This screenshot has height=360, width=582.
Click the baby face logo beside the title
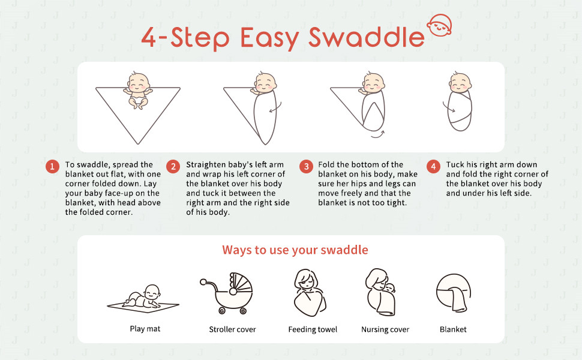(x=439, y=25)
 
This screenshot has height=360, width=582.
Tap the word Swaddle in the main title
(x=367, y=37)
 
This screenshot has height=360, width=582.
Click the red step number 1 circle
(x=52, y=167)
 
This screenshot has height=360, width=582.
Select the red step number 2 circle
(x=173, y=167)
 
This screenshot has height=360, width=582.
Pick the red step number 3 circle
(x=306, y=167)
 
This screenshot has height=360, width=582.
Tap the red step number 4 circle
(x=433, y=167)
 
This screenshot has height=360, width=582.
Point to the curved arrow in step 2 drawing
(x=276, y=107)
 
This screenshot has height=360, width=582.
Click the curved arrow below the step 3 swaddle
(x=378, y=135)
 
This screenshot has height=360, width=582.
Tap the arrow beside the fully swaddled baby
(x=448, y=107)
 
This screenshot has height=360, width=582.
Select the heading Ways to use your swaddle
(x=295, y=250)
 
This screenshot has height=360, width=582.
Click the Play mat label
(x=145, y=329)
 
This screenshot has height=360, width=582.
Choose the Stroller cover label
(x=232, y=329)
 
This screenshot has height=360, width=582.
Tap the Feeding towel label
(x=313, y=329)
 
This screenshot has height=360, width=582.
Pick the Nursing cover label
(x=385, y=329)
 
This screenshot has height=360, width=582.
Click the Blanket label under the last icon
(x=453, y=329)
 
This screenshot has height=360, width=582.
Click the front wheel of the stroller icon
(x=222, y=310)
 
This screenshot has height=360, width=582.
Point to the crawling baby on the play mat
(x=142, y=296)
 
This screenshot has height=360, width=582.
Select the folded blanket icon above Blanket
(x=454, y=293)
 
